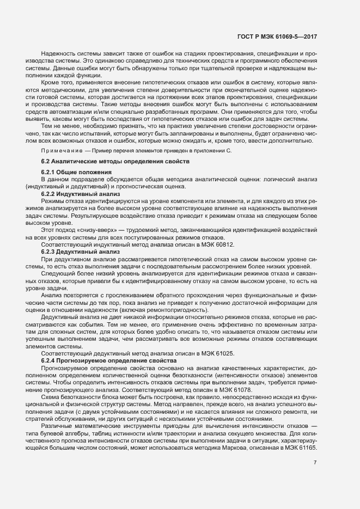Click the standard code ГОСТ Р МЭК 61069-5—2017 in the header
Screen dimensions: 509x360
click(x=277, y=36)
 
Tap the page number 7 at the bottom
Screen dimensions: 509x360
click(x=315, y=463)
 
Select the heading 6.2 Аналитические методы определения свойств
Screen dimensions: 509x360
click(x=115, y=162)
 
